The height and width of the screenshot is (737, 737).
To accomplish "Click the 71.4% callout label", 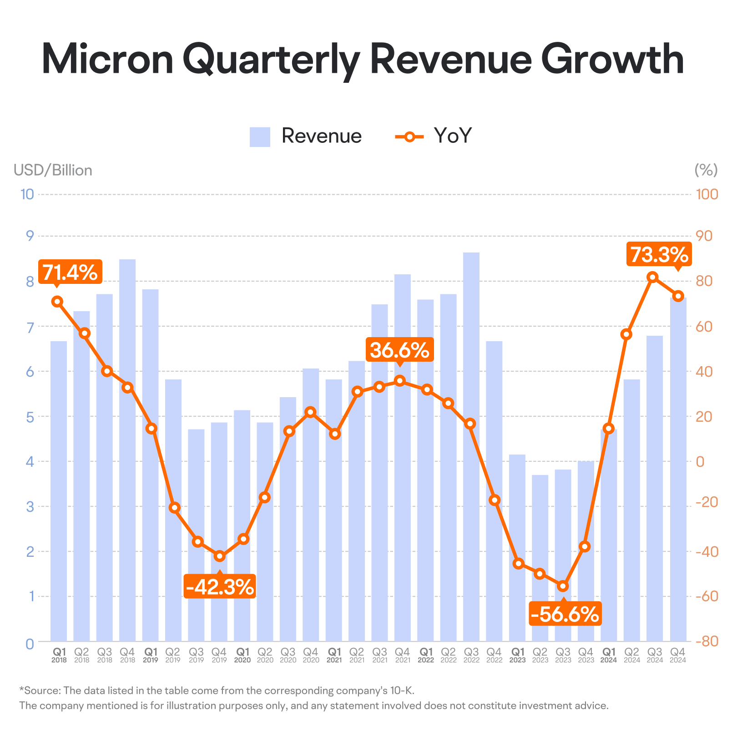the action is tap(71, 273).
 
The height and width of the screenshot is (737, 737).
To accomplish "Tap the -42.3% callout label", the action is tap(220, 586).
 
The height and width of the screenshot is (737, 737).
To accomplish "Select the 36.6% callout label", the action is tap(400, 350).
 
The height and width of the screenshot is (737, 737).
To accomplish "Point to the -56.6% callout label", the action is tap(565, 614).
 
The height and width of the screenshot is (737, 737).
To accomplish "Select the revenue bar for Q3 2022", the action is tap(471, 447).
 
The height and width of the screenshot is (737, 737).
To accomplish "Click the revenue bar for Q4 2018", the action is tap(127, 450).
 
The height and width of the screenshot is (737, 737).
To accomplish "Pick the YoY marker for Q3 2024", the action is tap(652, 277).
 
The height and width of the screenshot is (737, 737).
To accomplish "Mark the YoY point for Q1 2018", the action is tap(57, 301).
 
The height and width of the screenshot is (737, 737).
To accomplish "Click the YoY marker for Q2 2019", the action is tap(174, 508).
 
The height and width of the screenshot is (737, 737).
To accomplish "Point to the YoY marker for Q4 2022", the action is tap(495, 500).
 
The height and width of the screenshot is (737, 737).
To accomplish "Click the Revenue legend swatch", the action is tap(260, 136).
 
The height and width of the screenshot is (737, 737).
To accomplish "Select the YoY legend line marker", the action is tap(409, 136).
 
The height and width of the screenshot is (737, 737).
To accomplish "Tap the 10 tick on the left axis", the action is tap(27, 194).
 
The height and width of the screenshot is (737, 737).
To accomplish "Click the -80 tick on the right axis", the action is tap(707, 641).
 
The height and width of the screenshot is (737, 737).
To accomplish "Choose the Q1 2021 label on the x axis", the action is tap(334, 655).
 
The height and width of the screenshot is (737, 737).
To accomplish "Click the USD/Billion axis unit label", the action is tap(53, 170).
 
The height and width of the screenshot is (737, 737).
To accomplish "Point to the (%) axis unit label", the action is tap(706, 170).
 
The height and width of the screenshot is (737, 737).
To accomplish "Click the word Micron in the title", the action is tap(108, 59).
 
